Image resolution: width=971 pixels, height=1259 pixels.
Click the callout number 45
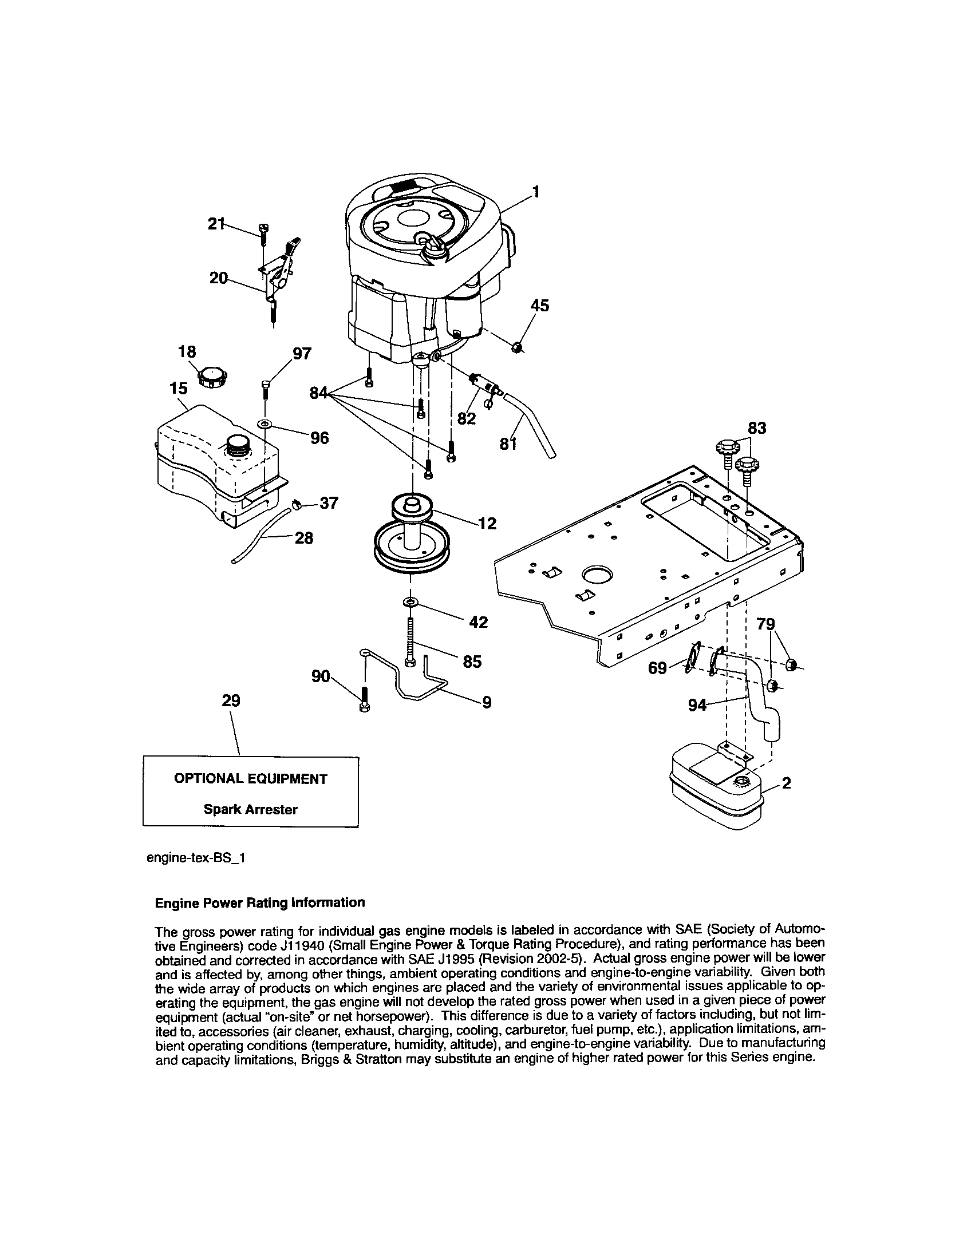point(540,306)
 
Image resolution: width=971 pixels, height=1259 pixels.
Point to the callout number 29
point(231,700)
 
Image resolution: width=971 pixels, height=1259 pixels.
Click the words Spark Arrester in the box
point(250,809)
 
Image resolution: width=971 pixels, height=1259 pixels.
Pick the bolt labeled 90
point(364,699)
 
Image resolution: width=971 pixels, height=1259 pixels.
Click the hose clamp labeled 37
point(298,504)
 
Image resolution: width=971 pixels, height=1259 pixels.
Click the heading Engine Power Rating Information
point(260,902)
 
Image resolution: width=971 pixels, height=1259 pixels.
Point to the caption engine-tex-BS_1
point(196,858)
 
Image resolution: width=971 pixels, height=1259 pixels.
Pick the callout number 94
point(697,704)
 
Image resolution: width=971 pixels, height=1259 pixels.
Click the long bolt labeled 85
point(410,642)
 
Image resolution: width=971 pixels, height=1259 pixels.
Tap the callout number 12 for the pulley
point(487,523)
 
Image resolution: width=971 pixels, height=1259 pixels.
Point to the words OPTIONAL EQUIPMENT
point(250,779)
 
